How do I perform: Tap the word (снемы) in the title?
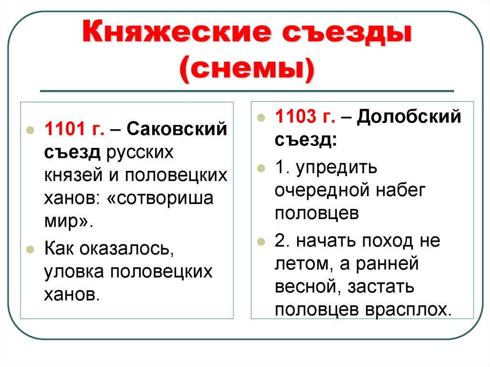point(247,70)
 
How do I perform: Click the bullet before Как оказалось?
point(30,250)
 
